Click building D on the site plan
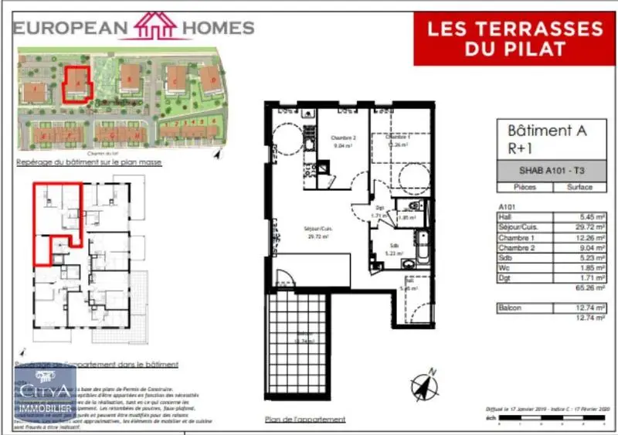click(209, 77)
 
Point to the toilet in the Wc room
click(414, 206)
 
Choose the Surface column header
click(579, 187)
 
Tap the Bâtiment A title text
click(547, 131)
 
